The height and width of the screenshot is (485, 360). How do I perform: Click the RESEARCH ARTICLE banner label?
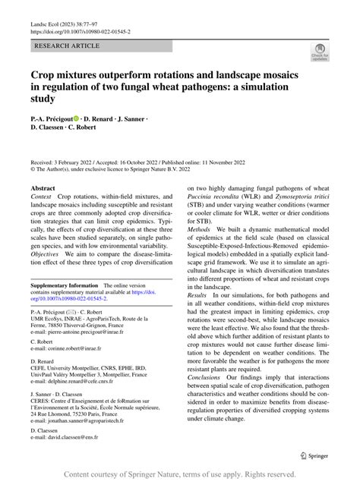(x=67, y=46)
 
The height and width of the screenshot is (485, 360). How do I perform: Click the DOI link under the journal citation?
(x=82, y=32)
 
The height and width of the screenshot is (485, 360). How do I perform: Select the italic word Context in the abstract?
(x=43, y=197)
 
